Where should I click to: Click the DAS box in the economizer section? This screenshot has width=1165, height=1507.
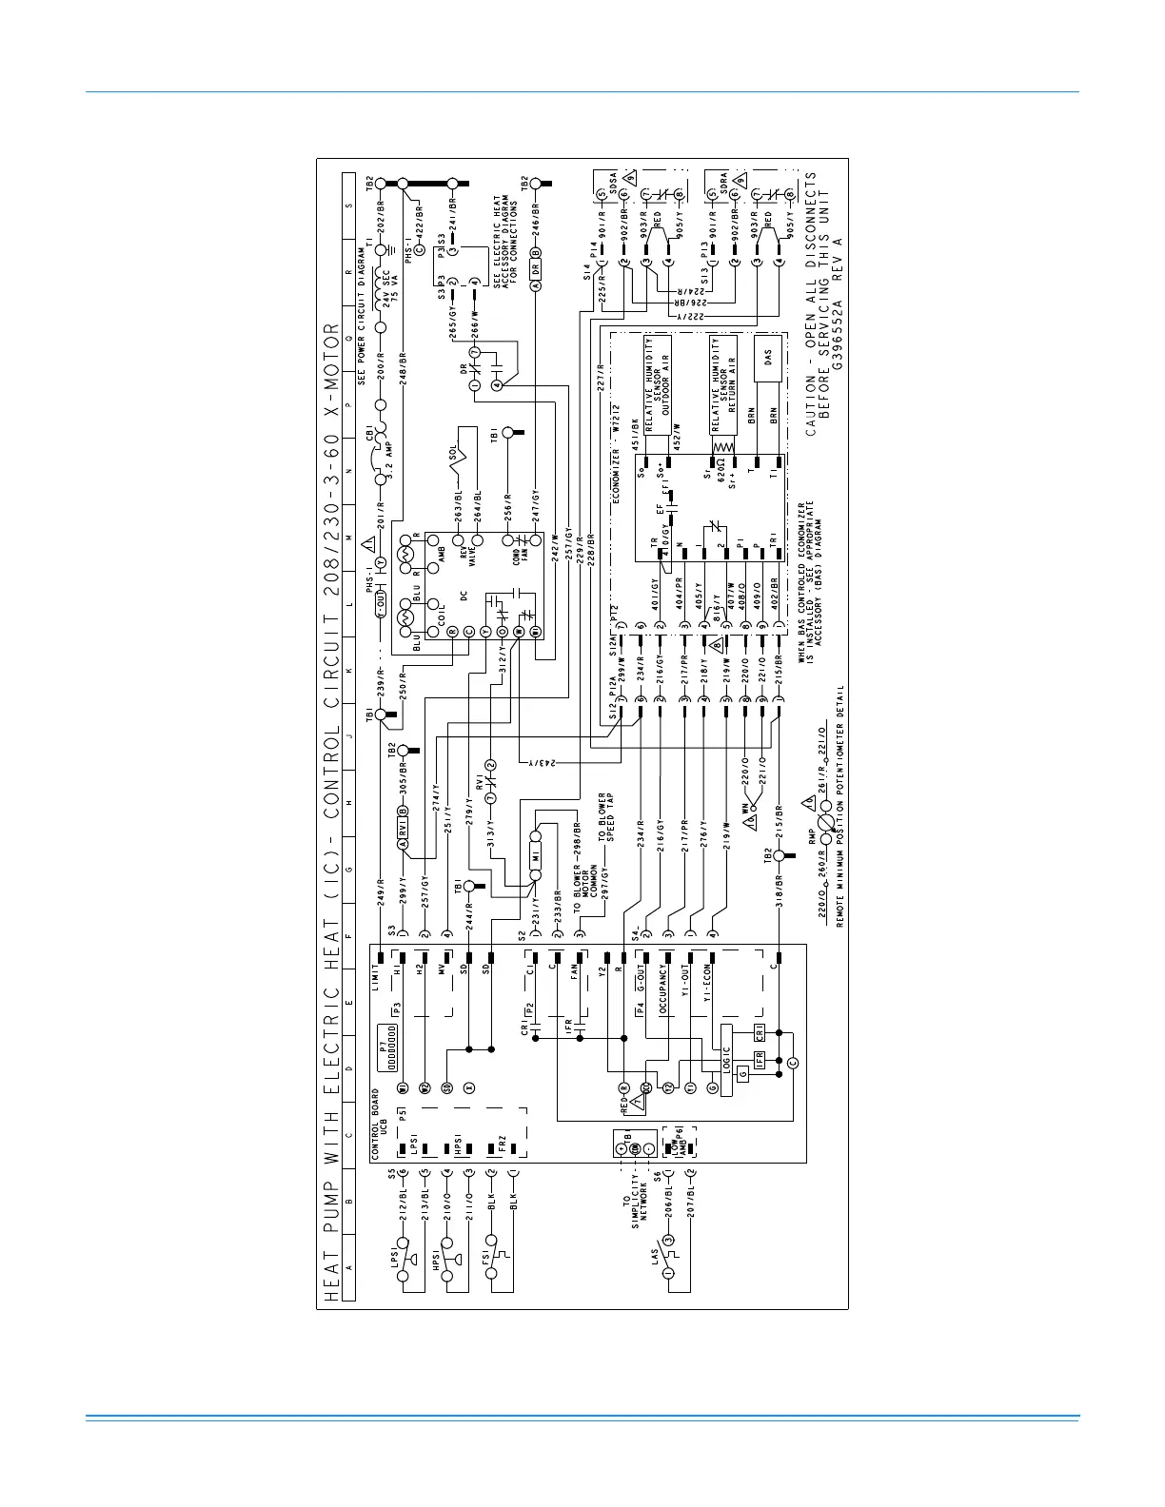(768, 359)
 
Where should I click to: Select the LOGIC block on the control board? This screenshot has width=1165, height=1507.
(726, 1061)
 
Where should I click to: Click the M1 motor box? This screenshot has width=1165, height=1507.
(536, 856)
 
